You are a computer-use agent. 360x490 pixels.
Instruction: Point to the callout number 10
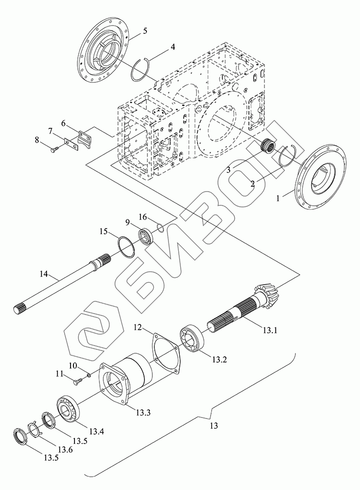point(72,365)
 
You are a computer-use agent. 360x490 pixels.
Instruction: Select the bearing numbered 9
point(146,235)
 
